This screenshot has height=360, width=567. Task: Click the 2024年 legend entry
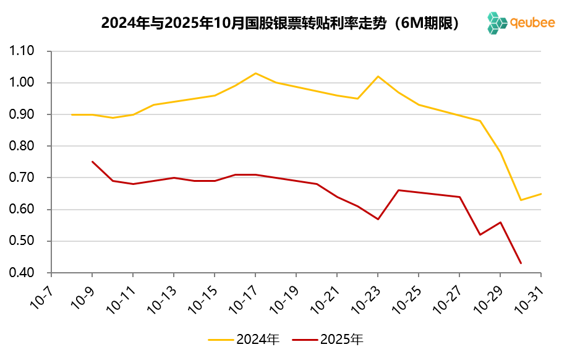[x=244, y=340]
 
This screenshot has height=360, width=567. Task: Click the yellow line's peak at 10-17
[x=255, y=73]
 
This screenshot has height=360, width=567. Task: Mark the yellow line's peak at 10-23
[x=378, y=76]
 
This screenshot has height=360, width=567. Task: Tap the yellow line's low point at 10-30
[x=521, y=200]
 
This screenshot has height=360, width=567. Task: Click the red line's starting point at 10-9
[x=92, y=161]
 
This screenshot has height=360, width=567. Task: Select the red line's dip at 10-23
[x=378, y=219]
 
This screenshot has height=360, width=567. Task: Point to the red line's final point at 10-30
[x=521, y=263]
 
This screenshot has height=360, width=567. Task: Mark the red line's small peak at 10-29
[x=500, y=222]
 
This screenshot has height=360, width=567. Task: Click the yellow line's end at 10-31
[x=541, y=194]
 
